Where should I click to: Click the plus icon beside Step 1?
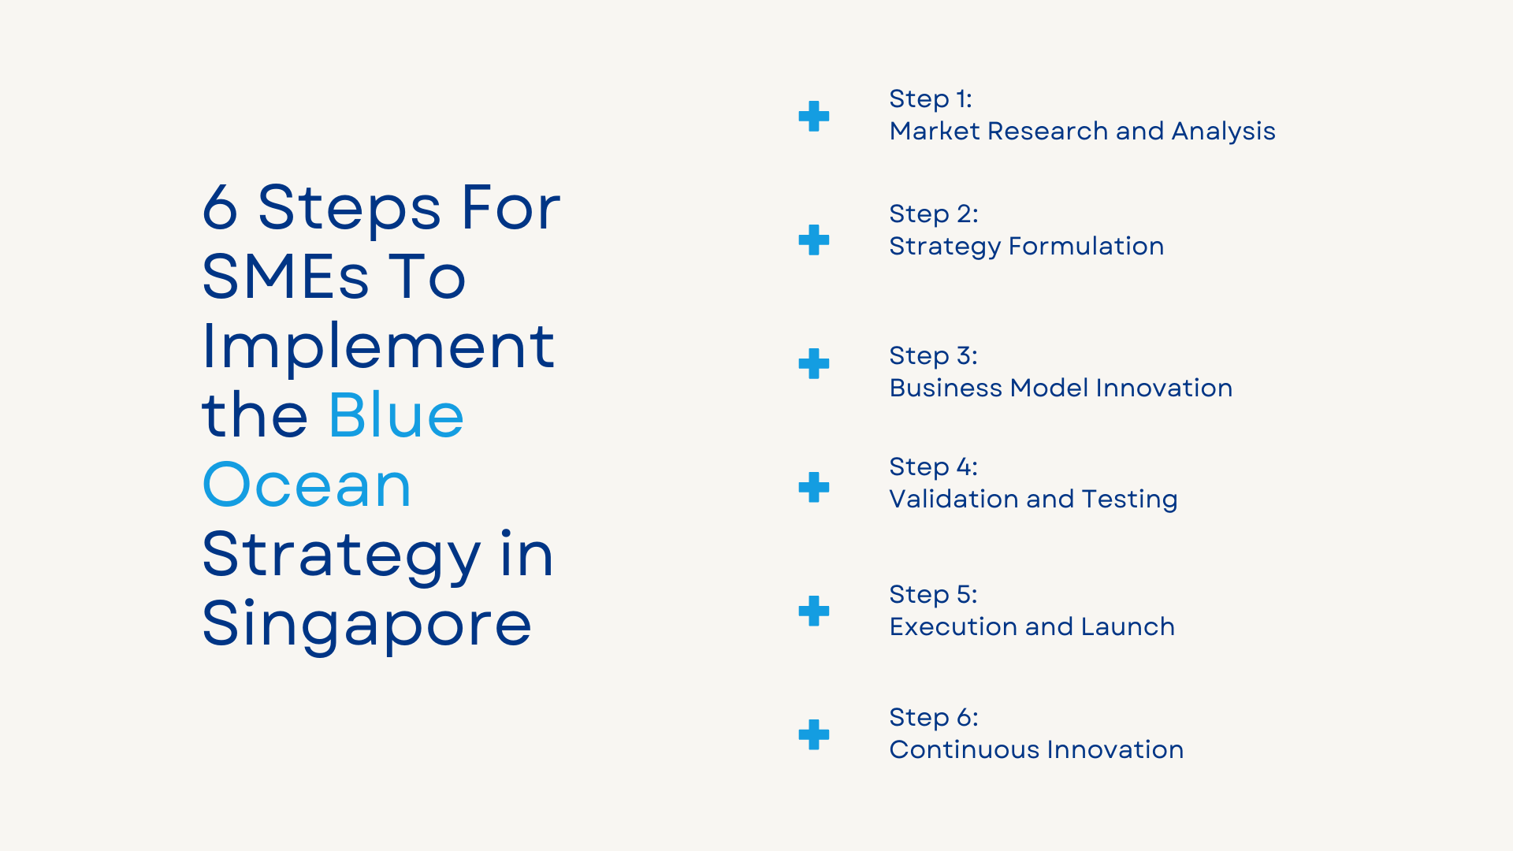coord(813,117)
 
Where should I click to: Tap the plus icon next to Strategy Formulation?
coord(813,240)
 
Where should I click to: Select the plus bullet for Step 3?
coord(813,364)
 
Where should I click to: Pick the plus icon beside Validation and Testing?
coord(813,488)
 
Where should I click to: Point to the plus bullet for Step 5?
coord(813,611)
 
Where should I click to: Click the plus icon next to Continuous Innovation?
coord(813,734)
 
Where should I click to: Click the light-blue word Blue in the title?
coord(396,415)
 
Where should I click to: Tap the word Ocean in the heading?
coord(307,485)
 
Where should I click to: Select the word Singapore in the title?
coord(366,624)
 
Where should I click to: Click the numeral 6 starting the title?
coord(220,208)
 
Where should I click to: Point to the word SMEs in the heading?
coord(285,277)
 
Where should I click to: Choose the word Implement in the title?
coord(378,346)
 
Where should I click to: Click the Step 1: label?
coord(930,99)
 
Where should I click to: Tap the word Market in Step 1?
coord(935,131)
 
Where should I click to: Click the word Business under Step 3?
coord(946,388)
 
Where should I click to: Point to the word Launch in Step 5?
coord(1128,626)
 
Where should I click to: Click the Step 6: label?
coord(933,717)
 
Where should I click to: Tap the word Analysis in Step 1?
coord(1223,131)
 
